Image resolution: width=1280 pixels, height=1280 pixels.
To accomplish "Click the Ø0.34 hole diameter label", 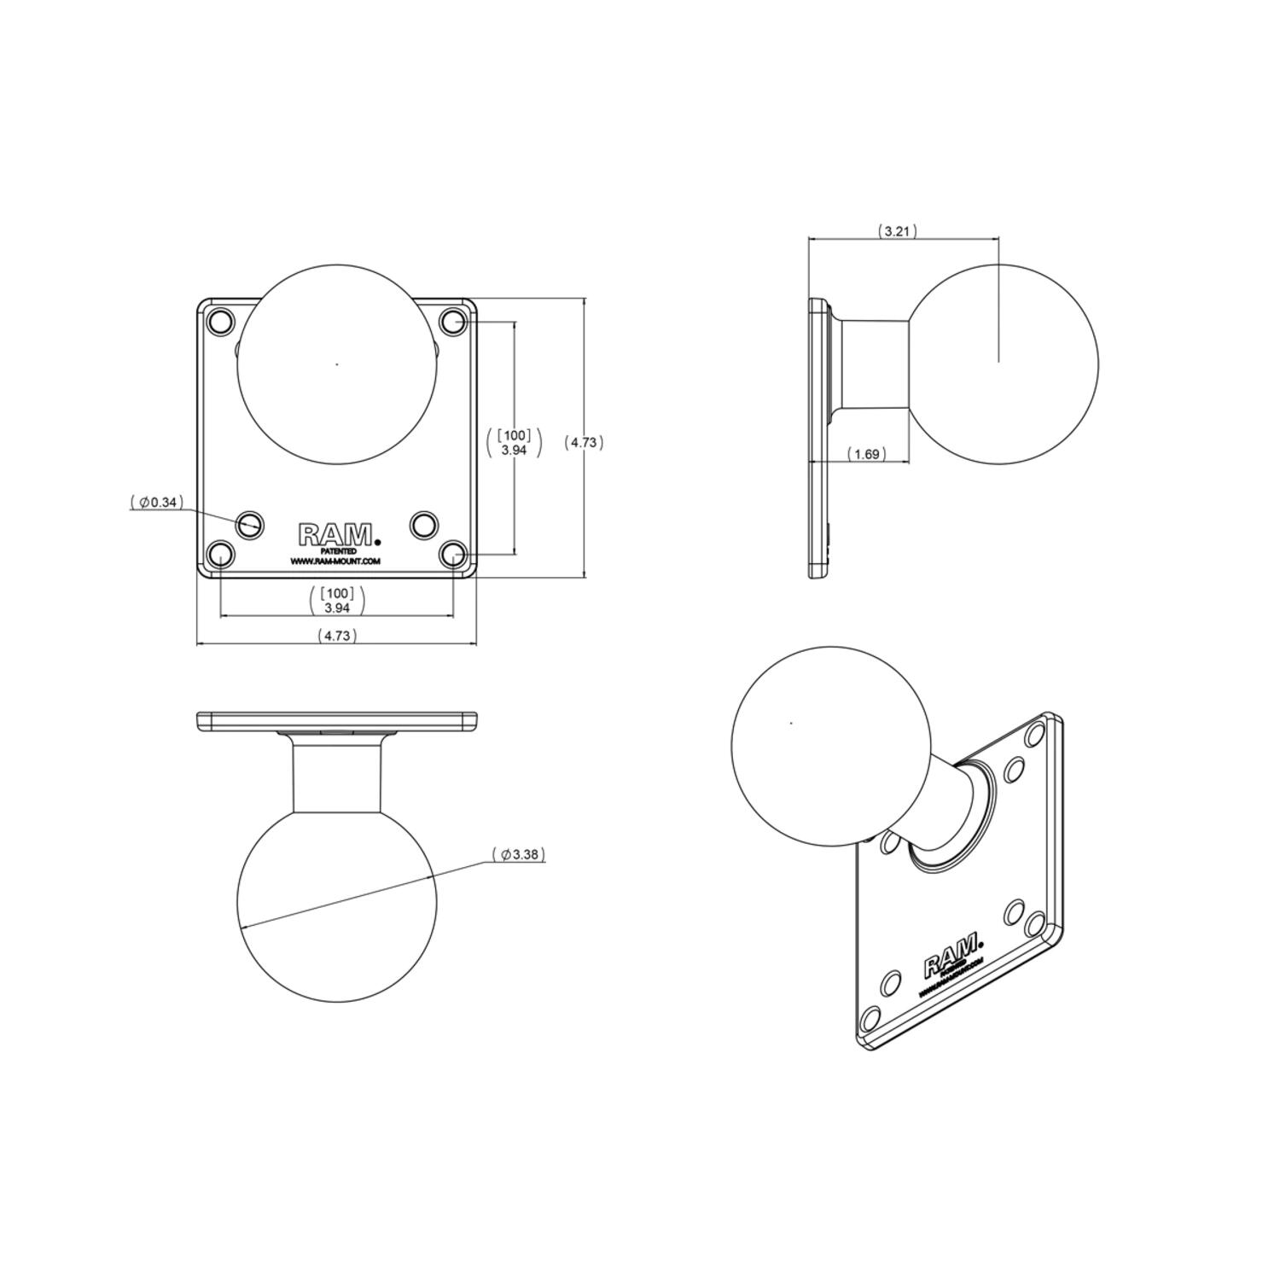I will point(157,503).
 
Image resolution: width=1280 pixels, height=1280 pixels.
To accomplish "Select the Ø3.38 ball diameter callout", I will point(519,854).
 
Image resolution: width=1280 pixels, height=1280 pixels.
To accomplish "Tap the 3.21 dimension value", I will point(897,231).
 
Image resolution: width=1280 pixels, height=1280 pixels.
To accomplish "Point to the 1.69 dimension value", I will point(866,454).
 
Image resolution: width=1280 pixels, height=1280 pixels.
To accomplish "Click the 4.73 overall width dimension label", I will point(337,635).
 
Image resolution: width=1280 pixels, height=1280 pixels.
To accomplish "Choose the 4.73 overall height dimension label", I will point(585,442).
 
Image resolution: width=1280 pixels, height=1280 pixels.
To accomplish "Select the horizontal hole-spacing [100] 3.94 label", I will point(337,600).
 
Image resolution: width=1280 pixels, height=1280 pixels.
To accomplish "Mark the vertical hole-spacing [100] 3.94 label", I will point(514,442).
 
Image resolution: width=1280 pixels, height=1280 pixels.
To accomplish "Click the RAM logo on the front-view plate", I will point(337,535).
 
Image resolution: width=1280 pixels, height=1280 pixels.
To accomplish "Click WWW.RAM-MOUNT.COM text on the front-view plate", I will point(335,561).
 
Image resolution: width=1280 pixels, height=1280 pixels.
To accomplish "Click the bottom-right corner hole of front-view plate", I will point(453,554).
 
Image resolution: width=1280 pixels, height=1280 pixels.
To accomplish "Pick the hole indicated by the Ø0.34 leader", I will point(250,524).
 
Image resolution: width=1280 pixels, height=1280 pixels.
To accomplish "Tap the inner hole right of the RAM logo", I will point(424,524).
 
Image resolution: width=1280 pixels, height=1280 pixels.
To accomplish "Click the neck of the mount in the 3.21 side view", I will point(875,364).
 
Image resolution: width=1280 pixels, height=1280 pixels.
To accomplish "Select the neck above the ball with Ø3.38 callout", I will point(337,775).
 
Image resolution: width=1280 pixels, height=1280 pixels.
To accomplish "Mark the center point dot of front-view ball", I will point(337,364).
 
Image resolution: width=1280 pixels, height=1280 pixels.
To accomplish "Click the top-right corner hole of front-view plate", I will point(453,322).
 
